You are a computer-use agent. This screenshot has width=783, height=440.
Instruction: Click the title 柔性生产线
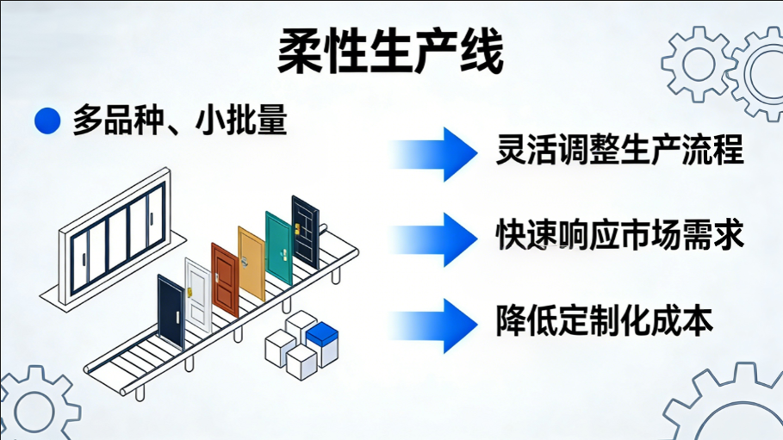[390, 53]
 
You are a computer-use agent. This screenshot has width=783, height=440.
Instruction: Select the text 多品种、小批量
[179, 121]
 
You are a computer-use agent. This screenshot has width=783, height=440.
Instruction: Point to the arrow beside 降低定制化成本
[435, 324]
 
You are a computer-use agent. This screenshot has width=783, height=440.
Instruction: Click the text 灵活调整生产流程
[619, 149]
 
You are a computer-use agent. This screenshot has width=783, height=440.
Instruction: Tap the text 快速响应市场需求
[619, 235]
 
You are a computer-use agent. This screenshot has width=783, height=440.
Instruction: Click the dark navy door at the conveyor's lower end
[170, 311]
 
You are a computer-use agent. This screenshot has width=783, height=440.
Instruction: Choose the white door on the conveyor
[197, 294]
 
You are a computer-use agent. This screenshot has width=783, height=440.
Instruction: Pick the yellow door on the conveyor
[251, 263]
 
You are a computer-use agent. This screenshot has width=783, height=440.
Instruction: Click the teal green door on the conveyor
[278, 247]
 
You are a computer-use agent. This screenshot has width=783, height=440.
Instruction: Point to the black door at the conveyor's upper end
[305, 230]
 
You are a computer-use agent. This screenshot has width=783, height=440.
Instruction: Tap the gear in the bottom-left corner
[34, 407]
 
